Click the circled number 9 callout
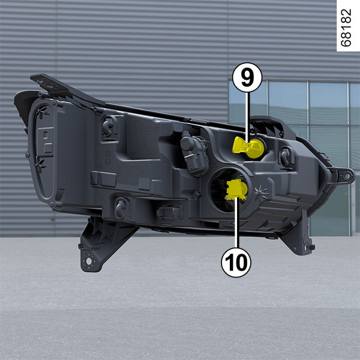pyautogui.click(x=247, y=77)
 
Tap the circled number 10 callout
pyautogui.click(x=236, y=262)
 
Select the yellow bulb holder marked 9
pyautogui.click(x=248, y=148)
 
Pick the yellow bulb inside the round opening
pyautogui.click(x=236, y=189)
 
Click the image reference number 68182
pyautogui.click(x=346, y=28)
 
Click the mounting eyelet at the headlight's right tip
pyautogui.click(x=347, y=176)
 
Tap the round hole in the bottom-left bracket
pyautogui.click(x=89, y=261)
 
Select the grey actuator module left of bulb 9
pyautogui.click(x=194, y=153)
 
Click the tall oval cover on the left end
pyautogui.click(x=44, y=152)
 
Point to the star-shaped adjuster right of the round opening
pyautogui.click(x=261, y=193)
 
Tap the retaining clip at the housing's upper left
pyautogui.click(x=109, y=127)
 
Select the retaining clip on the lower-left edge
pyautogui.click(x=121, y=208)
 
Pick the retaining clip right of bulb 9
pyautogui.click(x=286, y=157)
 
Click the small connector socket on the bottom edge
pyautogui.click(x=169, y=212)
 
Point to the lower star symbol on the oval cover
pyautogui.click(x=40, y=165)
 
